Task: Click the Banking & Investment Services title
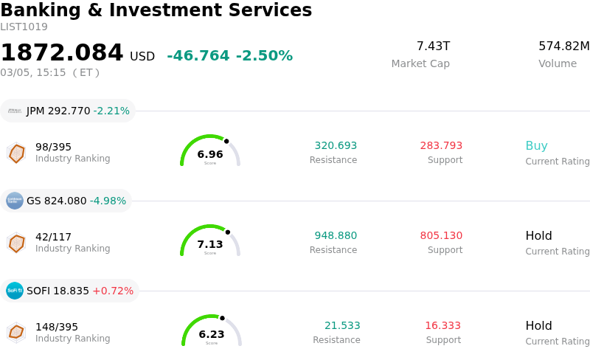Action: pos(156,11)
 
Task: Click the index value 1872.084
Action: pos(62,53)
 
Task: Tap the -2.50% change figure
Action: pos(264,56)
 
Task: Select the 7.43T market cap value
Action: pos(433,46)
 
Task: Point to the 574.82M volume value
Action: pos(563,46)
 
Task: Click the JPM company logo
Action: pos(15,111)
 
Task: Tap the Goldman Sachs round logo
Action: pos(15,201)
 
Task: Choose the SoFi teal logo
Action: pos(15,291)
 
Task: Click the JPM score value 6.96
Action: pos(210,155)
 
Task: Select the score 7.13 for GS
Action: pos(210,245)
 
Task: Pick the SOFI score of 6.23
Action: pos(212,335)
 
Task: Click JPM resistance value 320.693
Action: pos(336,146)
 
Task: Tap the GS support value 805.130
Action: pos(441,236)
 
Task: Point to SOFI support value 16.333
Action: pos(442,326)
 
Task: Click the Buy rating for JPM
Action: pos(536,146)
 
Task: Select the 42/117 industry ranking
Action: pos(53,237)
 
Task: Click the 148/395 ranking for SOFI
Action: pos(57,327)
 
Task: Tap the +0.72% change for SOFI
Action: pos(113,291)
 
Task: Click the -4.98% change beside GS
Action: pos(108,201)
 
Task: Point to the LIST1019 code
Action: pos(24,27)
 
